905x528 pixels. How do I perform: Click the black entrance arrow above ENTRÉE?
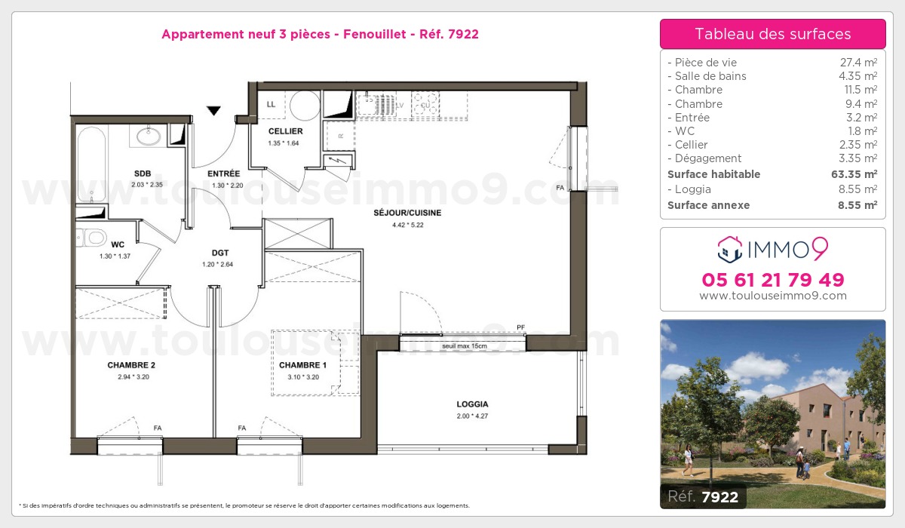click(x=213, y=110)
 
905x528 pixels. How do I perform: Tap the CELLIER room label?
click(x=285, y=131)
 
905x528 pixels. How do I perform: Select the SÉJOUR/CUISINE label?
click(x=407, y=213)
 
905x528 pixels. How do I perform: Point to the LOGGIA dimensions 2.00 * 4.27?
click(x=472, y=416)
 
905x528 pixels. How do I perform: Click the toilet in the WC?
click(x=91, y=238)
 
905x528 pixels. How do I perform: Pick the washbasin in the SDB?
click(x=149, y=136)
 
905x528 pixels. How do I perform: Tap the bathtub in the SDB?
click(x=91, y=164)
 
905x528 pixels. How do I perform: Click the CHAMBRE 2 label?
click(x=131, y=365)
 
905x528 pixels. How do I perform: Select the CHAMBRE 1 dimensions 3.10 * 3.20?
click(x=303, y=377)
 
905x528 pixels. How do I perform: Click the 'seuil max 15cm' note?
click(x=465, y=346)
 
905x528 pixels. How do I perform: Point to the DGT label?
click(x=220, y=253)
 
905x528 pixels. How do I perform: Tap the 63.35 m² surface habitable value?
click(x=854, y=174)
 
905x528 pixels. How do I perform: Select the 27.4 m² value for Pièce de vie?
click(x=858, y=62)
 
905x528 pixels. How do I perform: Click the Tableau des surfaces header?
click(x=772, y=34)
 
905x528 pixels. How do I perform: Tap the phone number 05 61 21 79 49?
click(x=773, y=280)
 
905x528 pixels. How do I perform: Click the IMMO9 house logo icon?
click(x=730, y=249)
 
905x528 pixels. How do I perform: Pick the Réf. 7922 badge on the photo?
click(x=703, y=496)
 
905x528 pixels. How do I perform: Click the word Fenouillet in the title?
click(x=375, y=35)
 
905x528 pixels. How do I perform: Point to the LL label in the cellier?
click(x=271, y=105)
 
